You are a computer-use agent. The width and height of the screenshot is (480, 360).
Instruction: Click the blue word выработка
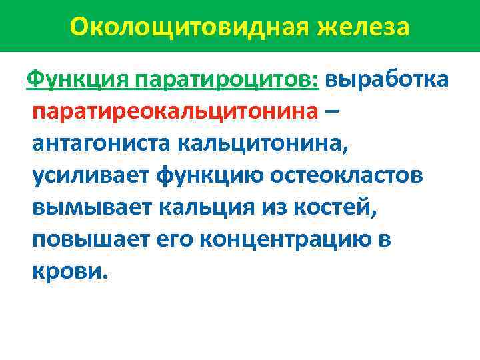tap(387, 81)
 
